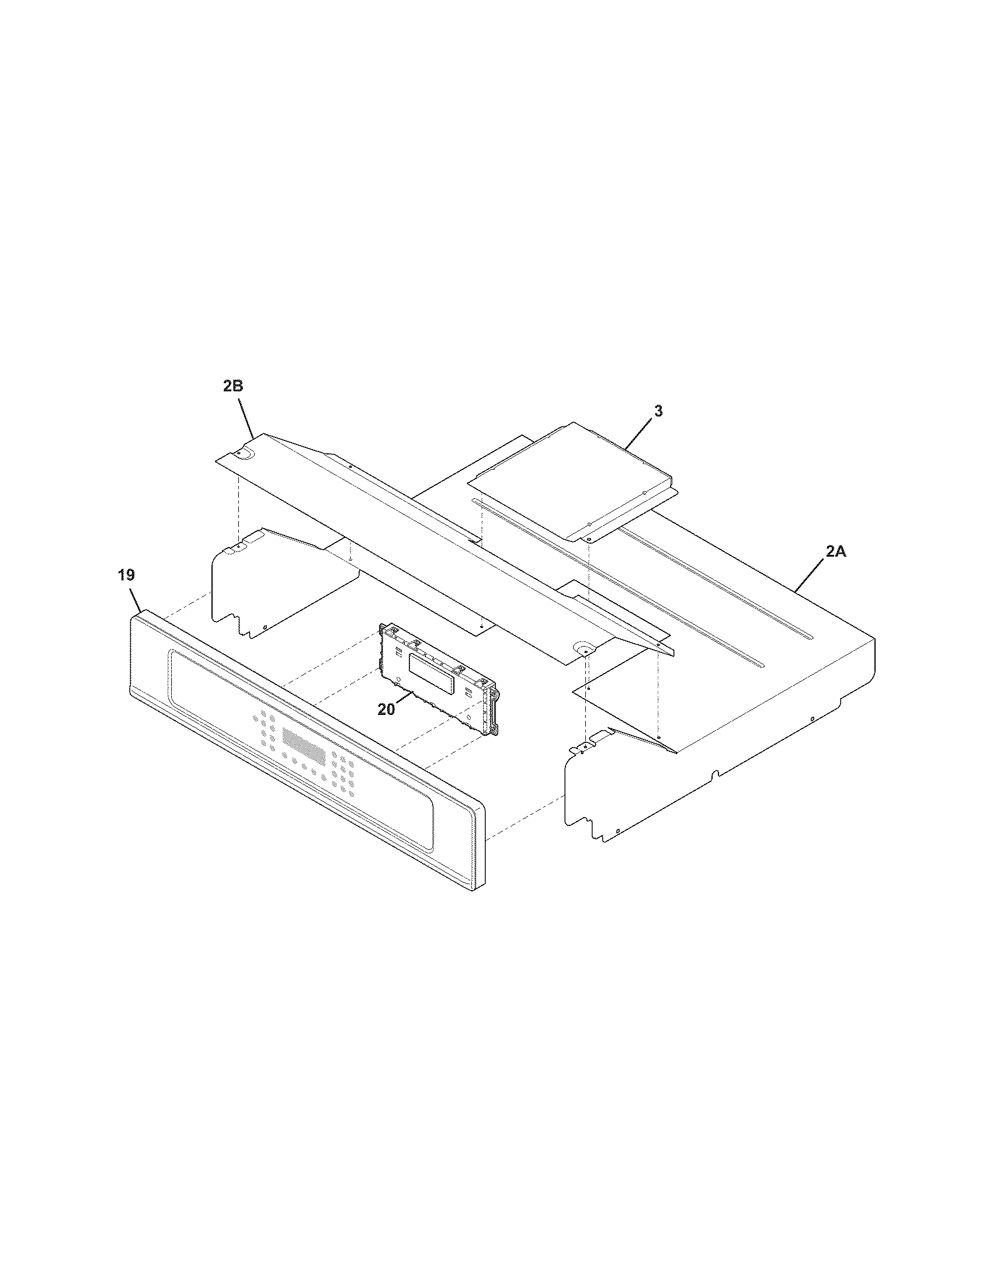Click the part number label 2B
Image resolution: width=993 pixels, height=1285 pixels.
233,387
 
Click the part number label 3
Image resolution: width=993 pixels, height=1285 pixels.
658,411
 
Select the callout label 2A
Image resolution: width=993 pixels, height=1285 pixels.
835,552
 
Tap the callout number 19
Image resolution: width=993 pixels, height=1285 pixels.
126,575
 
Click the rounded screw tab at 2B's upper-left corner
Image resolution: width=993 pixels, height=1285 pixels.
243,453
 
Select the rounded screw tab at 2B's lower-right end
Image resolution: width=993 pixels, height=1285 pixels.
584,648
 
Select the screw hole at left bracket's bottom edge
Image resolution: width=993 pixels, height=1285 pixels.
266,627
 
